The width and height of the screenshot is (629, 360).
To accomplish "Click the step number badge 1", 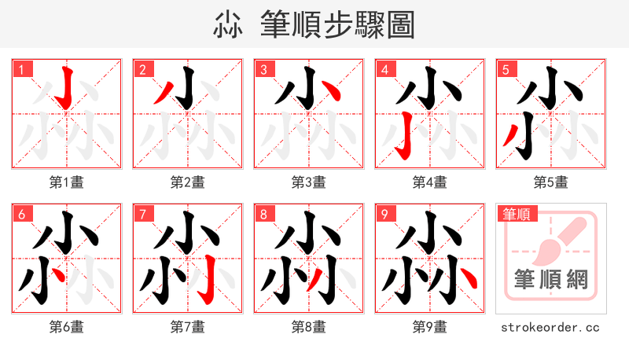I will pos(21,70).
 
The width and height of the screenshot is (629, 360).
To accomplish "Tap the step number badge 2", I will pos(142,70).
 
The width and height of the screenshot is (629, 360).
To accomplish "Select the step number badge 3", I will pos(263,70).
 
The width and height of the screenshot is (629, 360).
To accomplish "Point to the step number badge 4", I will pos(384,70).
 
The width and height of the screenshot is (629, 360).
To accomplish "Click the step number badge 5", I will pos(506,70).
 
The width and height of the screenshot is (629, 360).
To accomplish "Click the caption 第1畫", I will pos(67,182).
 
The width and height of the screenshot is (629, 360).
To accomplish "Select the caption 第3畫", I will pos(309,182).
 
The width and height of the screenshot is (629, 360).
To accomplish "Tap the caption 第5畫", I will pos(551,182).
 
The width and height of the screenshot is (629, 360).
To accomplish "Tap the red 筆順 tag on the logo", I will pos(517,214).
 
